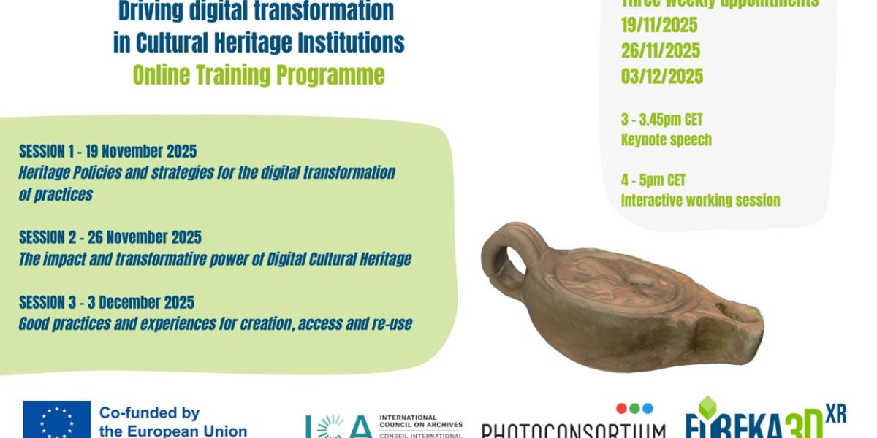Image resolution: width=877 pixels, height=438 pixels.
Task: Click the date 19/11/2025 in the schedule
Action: tap(659, 26)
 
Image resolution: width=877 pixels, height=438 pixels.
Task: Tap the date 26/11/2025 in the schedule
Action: tap(661, 51)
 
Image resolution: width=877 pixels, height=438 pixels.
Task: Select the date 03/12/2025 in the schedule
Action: tap(661, 77)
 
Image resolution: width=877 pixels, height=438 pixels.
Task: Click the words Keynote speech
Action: tap(666, 139)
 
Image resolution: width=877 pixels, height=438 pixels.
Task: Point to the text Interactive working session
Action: tap(700, 200)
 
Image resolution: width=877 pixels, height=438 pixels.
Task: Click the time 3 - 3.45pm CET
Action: tap(661, 120)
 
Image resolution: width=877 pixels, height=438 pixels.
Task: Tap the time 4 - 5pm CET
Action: tap(653, 180)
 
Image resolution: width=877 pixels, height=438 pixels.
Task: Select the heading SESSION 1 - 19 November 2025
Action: tap(107, 152)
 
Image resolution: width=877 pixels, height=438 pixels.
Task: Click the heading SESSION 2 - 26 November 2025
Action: tap(110, 237)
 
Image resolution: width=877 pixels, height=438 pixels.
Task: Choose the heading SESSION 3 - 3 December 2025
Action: tap(106, 302)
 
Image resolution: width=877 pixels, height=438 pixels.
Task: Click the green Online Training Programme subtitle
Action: tap(258, 75)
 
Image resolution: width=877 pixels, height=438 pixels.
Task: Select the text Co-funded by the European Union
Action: tap(172, 422)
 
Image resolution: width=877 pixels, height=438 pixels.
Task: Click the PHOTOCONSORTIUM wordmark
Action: tap(573, 430)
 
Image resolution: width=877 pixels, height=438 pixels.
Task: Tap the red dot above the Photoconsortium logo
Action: tap(620, 408)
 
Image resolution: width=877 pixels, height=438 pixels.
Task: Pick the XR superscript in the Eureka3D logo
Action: tap(835, 413)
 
